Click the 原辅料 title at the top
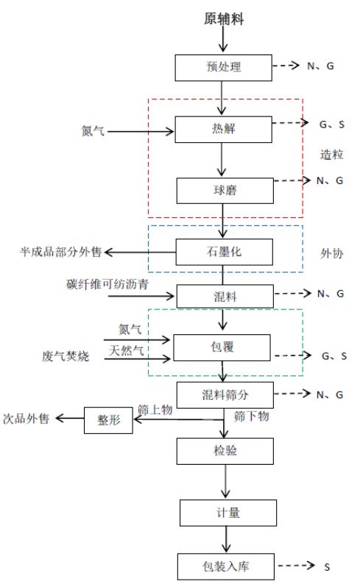[x=224, y=18]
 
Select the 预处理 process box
[x=223, y=68]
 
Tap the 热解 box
[x=223, y=129]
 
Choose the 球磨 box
[x=225, y=191]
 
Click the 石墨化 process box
[x=224, y=252]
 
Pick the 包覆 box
[x=222, y=348]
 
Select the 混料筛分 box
[x=225, y=395]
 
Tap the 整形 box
[x=108, y=420]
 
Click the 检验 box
[x=225, y=451]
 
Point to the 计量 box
[x=228, y=513]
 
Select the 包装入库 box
[x=225, y=566]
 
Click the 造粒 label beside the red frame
[x=331, y=155]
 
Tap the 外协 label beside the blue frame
[x=331, y=253]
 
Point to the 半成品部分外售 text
[x=60, y=252]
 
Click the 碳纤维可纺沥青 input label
[x=107, y=284]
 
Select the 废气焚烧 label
[x=65, y=356]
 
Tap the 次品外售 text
[x=26, y=418]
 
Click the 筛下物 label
[x=251, y=416]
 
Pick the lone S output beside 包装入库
[x=326, y=567]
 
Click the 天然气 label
[x=126, y=351]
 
